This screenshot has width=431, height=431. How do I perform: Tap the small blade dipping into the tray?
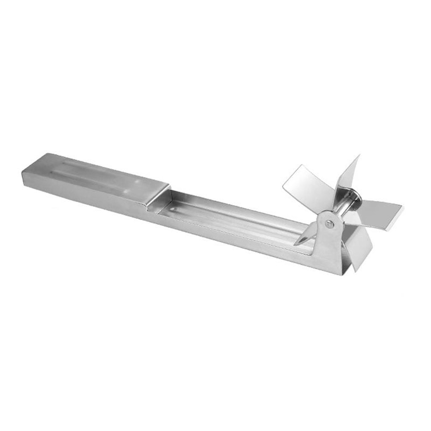click(x=307, y=236)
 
